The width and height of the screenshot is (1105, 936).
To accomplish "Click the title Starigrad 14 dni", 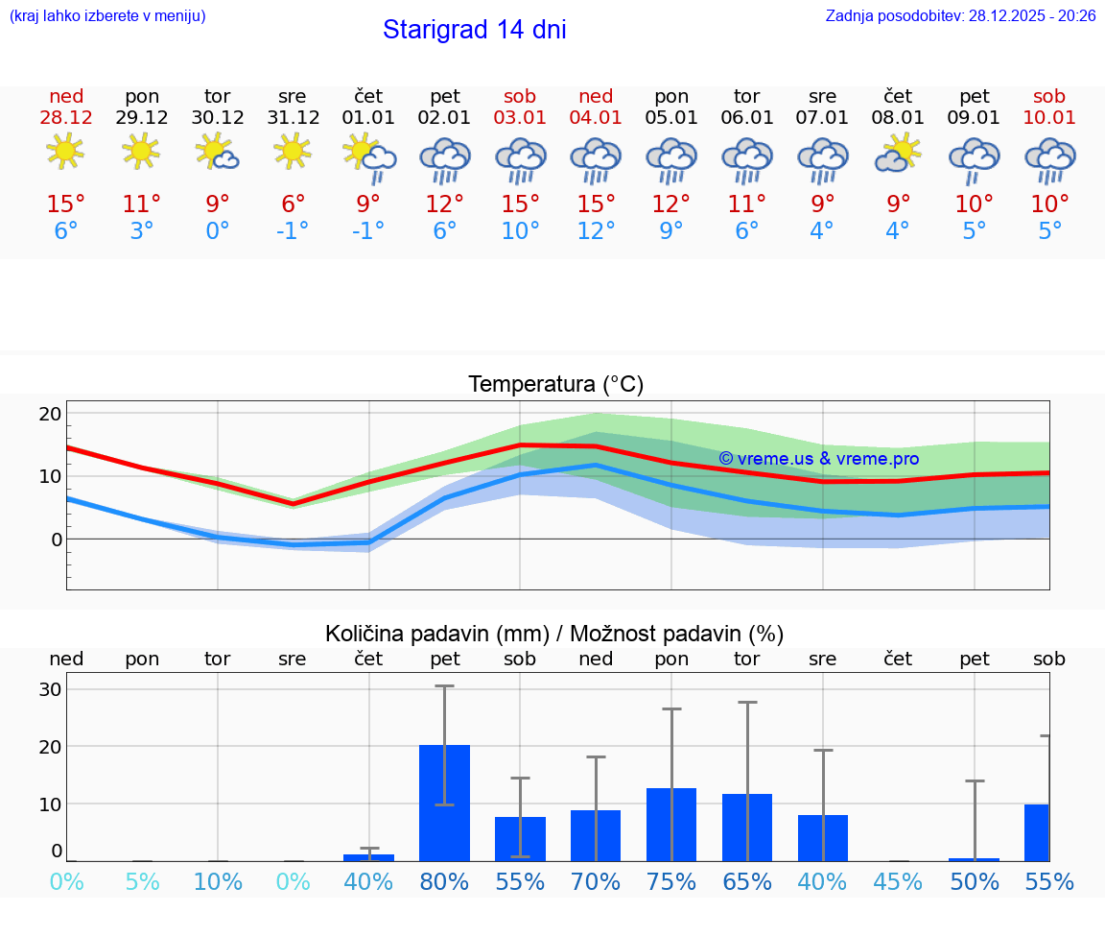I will tap(474, 30).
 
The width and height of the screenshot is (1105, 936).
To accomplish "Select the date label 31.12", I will tap(293, 118).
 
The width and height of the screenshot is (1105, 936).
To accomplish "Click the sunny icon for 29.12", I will tap(141, 152).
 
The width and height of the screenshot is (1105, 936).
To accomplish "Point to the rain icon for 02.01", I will tap(444, 159).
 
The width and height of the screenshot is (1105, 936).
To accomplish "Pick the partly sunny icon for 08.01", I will tap(898, 153).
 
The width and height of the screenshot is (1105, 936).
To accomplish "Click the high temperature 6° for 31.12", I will tap(293, 204).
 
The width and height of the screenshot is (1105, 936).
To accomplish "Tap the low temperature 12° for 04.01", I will tap(596, 231).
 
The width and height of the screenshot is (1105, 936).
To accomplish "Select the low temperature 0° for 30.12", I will tap(218, 231).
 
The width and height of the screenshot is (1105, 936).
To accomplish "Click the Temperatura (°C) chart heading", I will tap(555, 385).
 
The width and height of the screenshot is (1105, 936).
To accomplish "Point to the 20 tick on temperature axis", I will tap(50, 414).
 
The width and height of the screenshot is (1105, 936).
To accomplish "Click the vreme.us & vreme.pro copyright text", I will tap(818, 459).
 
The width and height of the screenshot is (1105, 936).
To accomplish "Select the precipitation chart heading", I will tap(554, 634).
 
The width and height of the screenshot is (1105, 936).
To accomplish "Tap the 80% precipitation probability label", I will tap(444, 882).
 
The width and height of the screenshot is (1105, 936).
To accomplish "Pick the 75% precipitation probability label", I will tap(671, 882).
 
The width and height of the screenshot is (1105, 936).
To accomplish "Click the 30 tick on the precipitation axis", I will tap(50, 689).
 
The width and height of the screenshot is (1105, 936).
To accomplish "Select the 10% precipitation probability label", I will tap(218, 882).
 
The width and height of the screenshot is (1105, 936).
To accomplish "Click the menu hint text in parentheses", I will tap(106, 16).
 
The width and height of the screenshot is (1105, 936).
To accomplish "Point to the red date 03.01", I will tap(520, 118).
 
